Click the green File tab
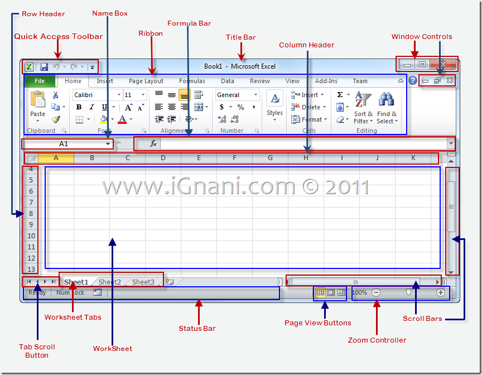(x=40, y=81)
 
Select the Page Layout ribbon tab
(x=146, y=81)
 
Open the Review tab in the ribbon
(x=260, y=81)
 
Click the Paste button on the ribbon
(x=38, y=105)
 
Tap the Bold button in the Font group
(x=79, y=107)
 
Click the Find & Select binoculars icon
(x=386, y=100)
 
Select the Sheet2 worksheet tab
(x=110, y=282)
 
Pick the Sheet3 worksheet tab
(x=143, y=282)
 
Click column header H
(x=306, y=158)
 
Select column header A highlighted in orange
(x=56, y=158)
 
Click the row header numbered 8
(x=31, y=213)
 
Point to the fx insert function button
(x=153, y=143)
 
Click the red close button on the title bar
(x=444, y=65)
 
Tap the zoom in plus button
(x=441, y=292)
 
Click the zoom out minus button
(x=376, y=292)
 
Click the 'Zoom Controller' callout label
(x=377, y=340)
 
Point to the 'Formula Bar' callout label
(x=189, y=23)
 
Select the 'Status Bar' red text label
(x=197, y=328)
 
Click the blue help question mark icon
(x=413, y=80)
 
